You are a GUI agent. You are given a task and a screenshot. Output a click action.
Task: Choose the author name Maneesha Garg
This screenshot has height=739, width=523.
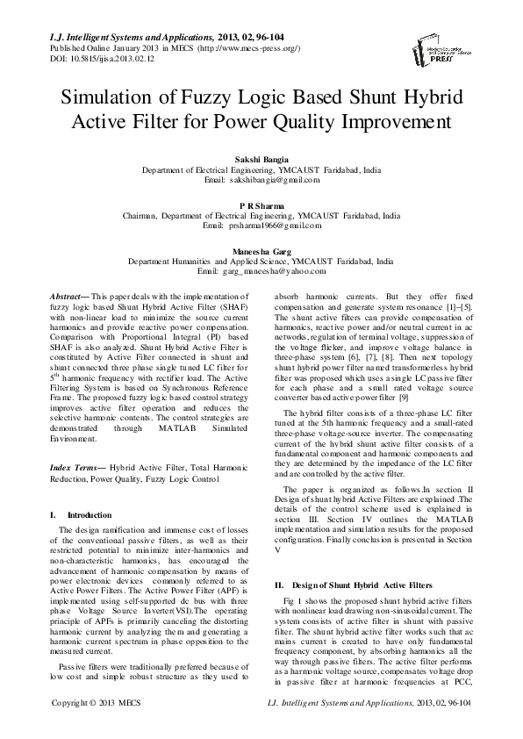[x=261, y=250]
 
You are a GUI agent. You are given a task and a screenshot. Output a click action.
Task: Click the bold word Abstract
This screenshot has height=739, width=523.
[x=68, y=298]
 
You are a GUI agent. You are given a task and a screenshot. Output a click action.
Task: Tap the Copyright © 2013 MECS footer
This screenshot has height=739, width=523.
[x=90, y=728]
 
